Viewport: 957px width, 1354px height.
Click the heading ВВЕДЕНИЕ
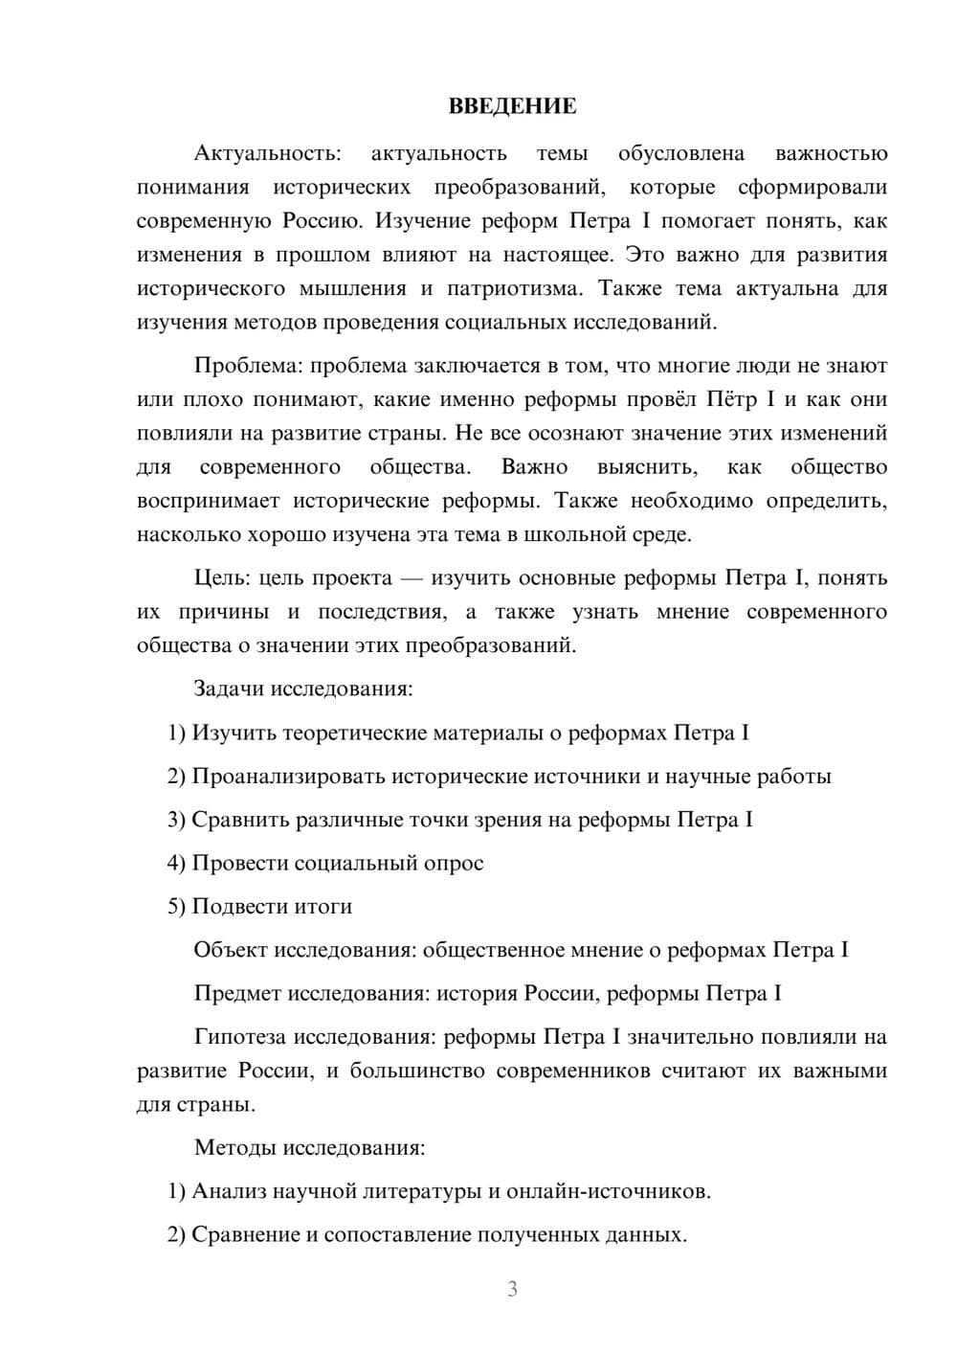click(x=512, y=106)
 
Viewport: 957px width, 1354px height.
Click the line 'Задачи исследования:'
click(x=303, y=688)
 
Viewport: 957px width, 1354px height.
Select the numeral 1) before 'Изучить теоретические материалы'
click(x=176, y=733)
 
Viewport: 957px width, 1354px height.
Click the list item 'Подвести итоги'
click(x=272, y=906)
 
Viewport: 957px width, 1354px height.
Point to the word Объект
click(x=231, y=950)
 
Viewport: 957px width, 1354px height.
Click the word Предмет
click(x=237, y=993)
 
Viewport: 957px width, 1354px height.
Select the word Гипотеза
click(x=240, y=1037)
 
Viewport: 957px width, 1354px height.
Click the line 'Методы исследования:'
click(x=309, y=1147)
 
